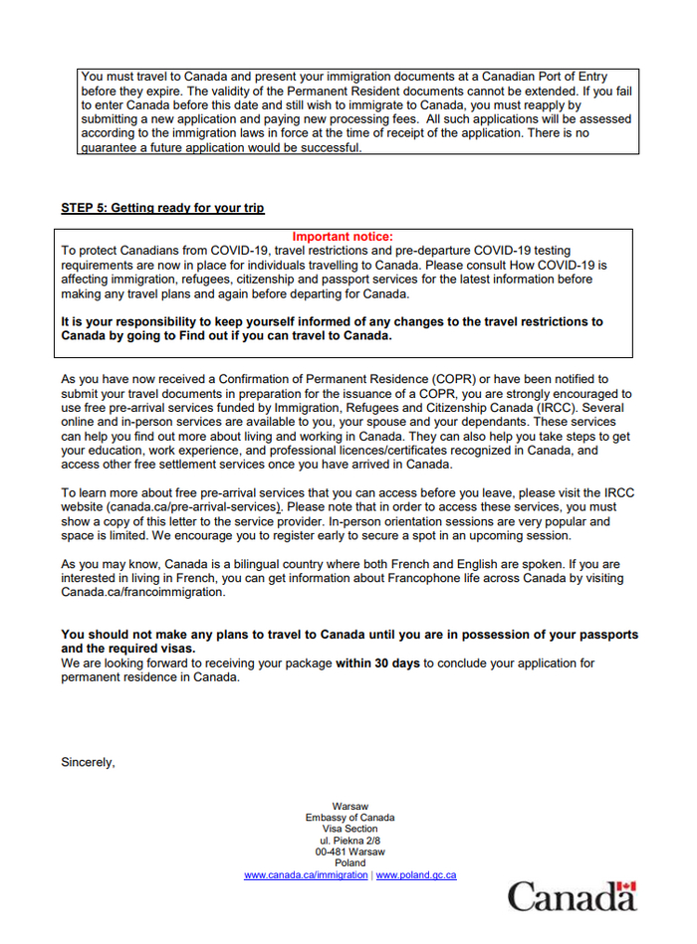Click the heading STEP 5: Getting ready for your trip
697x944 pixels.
[162, 208]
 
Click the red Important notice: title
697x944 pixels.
[343, 237]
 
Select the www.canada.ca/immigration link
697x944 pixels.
[306, 875]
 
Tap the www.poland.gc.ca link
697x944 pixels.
[416, 875]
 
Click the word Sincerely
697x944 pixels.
[88, 763]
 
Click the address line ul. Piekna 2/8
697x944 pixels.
[349, 841]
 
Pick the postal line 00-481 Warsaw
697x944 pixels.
[349, 852]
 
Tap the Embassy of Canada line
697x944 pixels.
[349, 818]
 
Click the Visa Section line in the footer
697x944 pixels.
[349, 829]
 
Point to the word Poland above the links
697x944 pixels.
[349, 863]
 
